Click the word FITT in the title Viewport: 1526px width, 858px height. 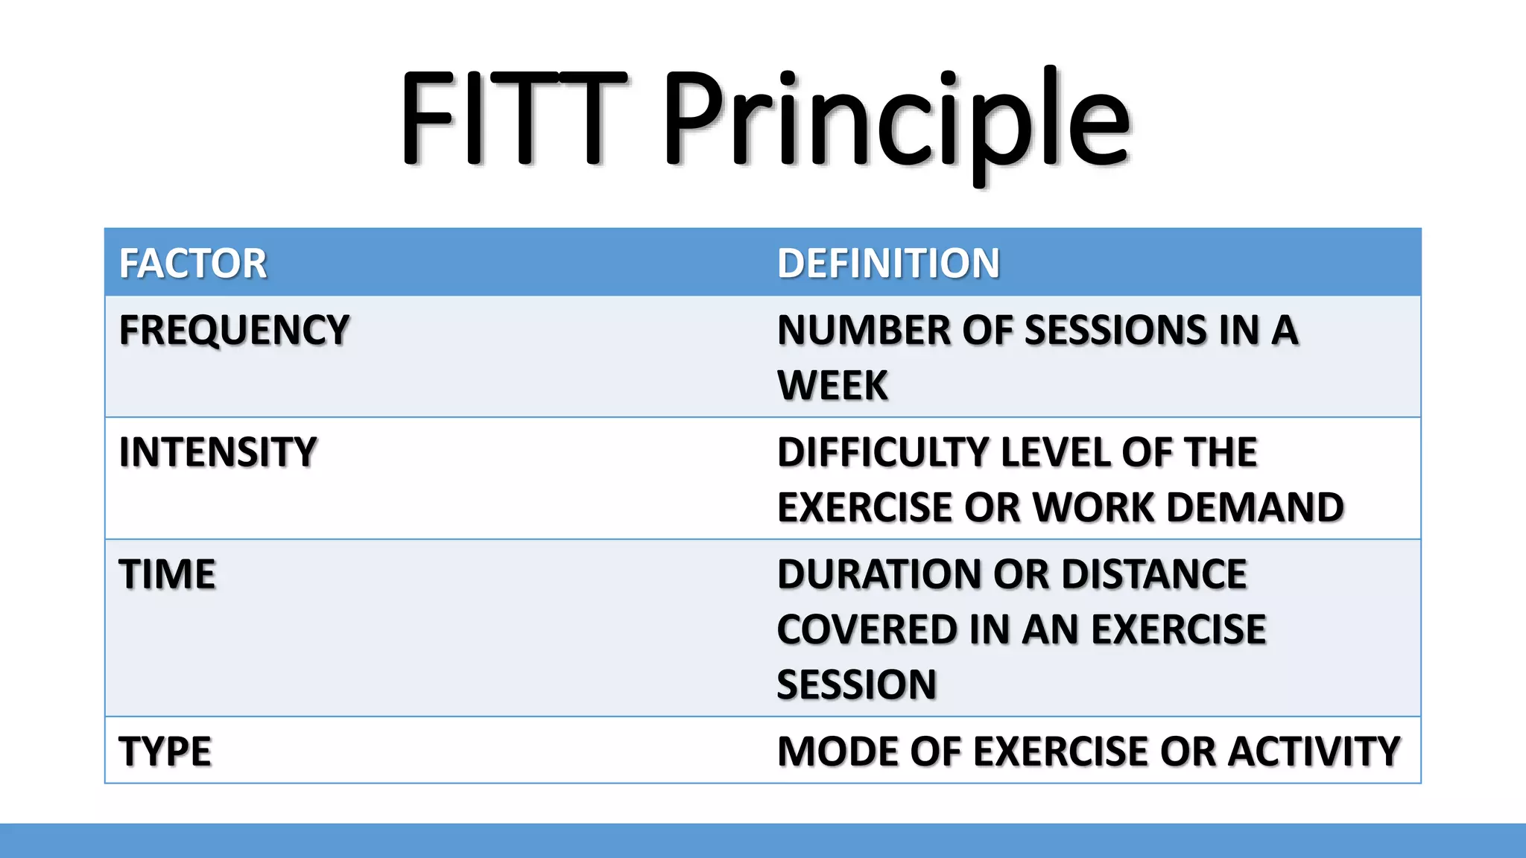513,118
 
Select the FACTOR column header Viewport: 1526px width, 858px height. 193,264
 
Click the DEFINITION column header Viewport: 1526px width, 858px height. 888,264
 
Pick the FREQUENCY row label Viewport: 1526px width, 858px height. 234,330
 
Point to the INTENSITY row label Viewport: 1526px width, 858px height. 218,452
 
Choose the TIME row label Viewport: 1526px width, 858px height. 167,574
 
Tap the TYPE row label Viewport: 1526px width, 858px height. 165,751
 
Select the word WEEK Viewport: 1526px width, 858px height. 832,385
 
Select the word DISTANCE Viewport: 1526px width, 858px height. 1153,574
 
